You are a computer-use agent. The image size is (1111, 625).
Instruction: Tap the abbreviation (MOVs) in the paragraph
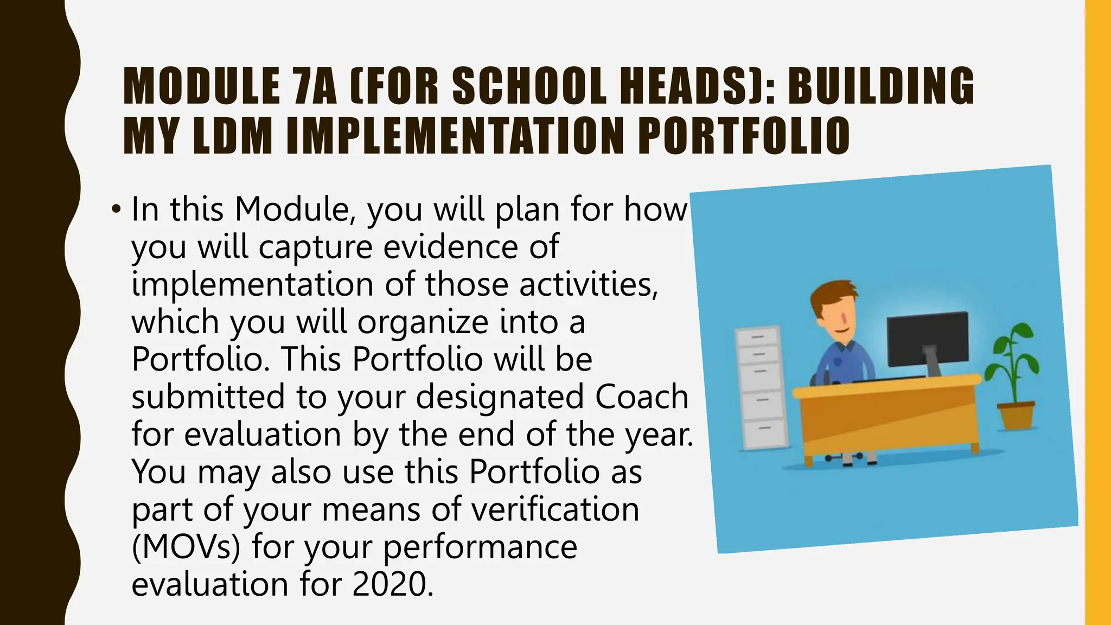(186, 547)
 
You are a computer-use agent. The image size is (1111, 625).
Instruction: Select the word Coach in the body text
(642, 397)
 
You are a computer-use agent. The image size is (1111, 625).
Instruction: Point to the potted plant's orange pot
(1016, 415)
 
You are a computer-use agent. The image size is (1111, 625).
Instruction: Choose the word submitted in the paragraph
(208, 397)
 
